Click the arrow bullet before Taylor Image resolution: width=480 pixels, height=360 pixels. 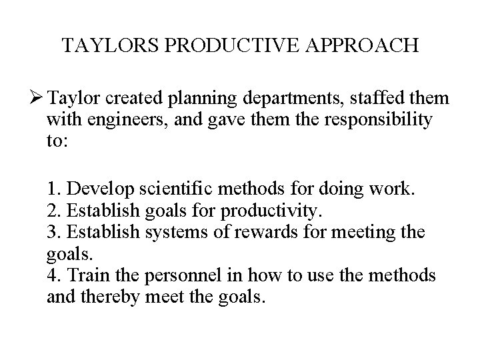tap(35, 99)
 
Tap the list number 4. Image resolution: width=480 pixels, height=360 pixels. tap(53, 275)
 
